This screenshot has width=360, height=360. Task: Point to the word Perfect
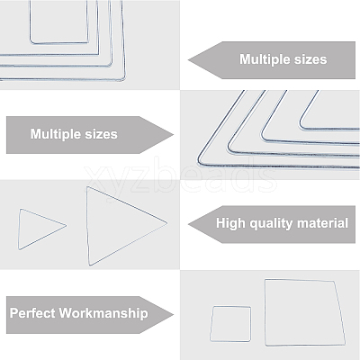(x=32, y=313)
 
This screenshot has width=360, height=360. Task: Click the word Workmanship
(x=103, y=314)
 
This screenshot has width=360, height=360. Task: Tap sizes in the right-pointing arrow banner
(x=101, y=134)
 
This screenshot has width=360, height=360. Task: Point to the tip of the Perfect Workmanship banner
(x=174, y=315)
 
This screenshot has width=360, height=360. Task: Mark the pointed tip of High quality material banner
(x=188, y=224)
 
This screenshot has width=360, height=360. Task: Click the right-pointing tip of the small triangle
(x=66, y=226)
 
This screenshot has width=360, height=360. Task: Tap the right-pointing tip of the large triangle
(x=166, y=223)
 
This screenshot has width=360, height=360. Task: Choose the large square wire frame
(x=265, y=312)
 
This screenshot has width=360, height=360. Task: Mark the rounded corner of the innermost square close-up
(x=31, y=41)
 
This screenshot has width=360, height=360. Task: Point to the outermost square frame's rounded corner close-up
(x=123, y=78)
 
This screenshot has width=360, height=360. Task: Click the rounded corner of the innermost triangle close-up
(x=301, y=127)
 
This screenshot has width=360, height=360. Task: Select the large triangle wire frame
(x=126, y=204)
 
